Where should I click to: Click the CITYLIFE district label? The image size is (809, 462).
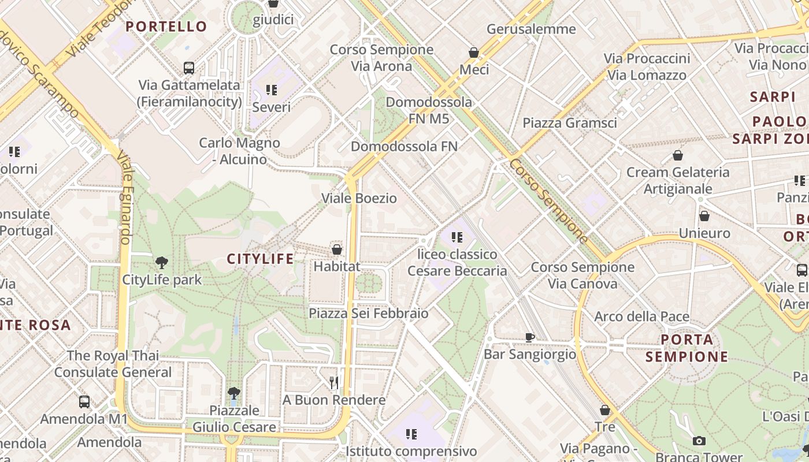pyautogui.click(x=260, y=259)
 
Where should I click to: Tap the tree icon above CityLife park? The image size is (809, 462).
pyautogui.click(x=162, y=263)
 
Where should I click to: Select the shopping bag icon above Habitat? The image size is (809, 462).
pyautogui.click(x=337, y=249)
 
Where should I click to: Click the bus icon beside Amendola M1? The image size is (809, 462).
pyautogui.click(x=84, y=401)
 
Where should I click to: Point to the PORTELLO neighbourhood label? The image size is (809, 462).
pyautogui.click(x=166, y=27)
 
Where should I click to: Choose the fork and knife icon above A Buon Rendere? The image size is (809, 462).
pyautogui.click(x=333, y=382)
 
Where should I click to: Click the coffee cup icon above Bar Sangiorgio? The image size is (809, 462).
pyautogui.click(x=529, y=337)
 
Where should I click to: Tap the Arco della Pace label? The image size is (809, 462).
pyautogui.click(x=641, y=316)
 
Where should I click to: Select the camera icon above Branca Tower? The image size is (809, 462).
pyautogui.click(x=699, y=441)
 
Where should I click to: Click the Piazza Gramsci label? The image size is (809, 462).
pyautogui.click(x=570, y=122)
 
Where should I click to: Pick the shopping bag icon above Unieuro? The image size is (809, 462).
pyautogui.click(x=704, y=217)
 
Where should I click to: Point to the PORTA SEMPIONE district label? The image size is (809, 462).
pyautogui.click(x=686, y=348)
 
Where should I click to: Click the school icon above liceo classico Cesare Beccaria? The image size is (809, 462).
pyautogui.click(x=457, y=237)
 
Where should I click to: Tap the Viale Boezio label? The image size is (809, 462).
pyautogui.click(x=359, y=198)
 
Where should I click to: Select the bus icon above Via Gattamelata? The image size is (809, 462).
pyautogui.click(x=188, y=68)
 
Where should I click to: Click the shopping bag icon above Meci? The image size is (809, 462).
pyautogui.click(x=474, y=53)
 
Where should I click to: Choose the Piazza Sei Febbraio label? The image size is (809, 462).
pyautogui.click(x=368, y=313)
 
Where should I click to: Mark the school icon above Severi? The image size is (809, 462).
pyautogui.click(x=272, y=90)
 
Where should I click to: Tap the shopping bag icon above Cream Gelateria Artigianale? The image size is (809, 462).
pyautogui.click(x=678, y=155)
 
